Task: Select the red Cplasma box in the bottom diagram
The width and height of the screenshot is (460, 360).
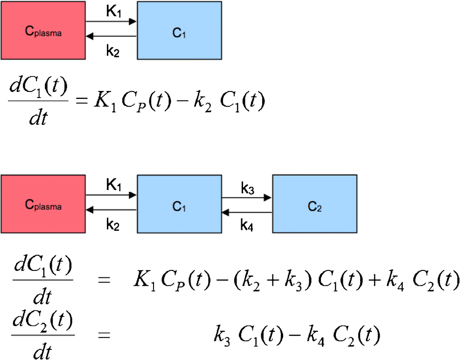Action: pos(43,203)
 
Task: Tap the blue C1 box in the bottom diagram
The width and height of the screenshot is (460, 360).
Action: pos(179,203)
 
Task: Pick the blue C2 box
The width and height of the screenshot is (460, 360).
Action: pos(315,203)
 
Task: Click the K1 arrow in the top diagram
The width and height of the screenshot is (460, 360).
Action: pos(111,21)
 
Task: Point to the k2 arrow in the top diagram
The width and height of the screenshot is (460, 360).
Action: pos(111,36)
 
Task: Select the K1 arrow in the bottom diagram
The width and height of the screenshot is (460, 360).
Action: pos(111,195)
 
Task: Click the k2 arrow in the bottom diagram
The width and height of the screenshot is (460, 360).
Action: pos(111,210)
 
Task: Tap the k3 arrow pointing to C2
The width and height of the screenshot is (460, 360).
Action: pos(246,197)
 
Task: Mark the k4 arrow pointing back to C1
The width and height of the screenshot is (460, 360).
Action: pos(246,213)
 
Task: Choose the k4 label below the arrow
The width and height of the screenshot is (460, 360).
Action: pos(248,225)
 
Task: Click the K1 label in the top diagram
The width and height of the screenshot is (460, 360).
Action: pos(113,11)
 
